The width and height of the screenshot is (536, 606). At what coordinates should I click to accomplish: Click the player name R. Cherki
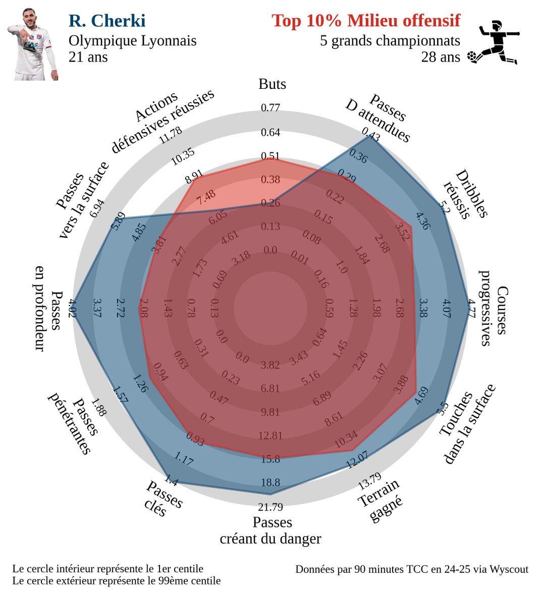pyautogui.click(x=107, y=21)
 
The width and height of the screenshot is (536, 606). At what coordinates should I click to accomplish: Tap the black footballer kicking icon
pyautogui.click(x=493, y=42)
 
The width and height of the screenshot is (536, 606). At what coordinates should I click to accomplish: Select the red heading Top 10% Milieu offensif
pyautogui.click(x=366, y=21)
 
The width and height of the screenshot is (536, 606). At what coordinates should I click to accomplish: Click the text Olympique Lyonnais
pyautogui.click(x=132, y=40)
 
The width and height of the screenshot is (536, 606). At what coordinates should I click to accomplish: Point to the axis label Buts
pyautogui.click(x=272, y=84)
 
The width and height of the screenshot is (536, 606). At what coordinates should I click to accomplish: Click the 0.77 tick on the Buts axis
pyautogui.click(x=271, y=108)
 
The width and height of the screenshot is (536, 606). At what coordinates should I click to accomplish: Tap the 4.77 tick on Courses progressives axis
pyautogui.click(x=471, y=307)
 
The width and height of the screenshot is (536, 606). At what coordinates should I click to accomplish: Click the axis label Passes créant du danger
pyautogui.click(x=271, y=530)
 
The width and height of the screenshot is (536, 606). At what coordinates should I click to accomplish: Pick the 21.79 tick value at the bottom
pyautogui.click(x=271, y=507)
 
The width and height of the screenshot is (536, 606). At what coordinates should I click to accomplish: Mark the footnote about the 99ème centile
pyautogui.click(x=117, y=581)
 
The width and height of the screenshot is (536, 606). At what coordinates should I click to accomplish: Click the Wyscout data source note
pyautogui.click(x=411, y=569)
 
